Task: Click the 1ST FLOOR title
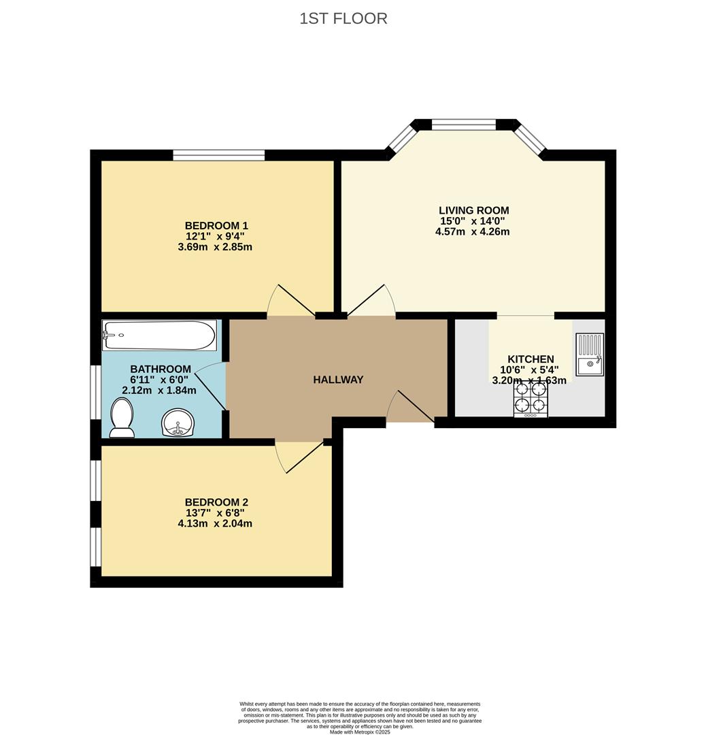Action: click(x=343, y=19)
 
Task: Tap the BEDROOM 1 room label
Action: click(x=216, y=226)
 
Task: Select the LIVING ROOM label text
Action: click(x=473, y=210)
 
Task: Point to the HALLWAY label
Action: click(x=338, y=380)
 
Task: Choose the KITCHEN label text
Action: click(x=531, y=359)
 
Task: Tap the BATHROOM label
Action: click(x=161, y=369)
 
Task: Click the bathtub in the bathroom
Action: click(x=159, y=335)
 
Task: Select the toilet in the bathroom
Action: click(x=122, y=418)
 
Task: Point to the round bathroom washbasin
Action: click(x=177, y=423)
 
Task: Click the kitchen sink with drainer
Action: click(x=590, y=355)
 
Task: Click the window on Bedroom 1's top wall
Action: click(x=219, y=155)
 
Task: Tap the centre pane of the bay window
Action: click(x=464, y=125)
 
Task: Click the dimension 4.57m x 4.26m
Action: click(x=472, y=231)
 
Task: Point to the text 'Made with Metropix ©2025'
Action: click(x=360, y=731)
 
